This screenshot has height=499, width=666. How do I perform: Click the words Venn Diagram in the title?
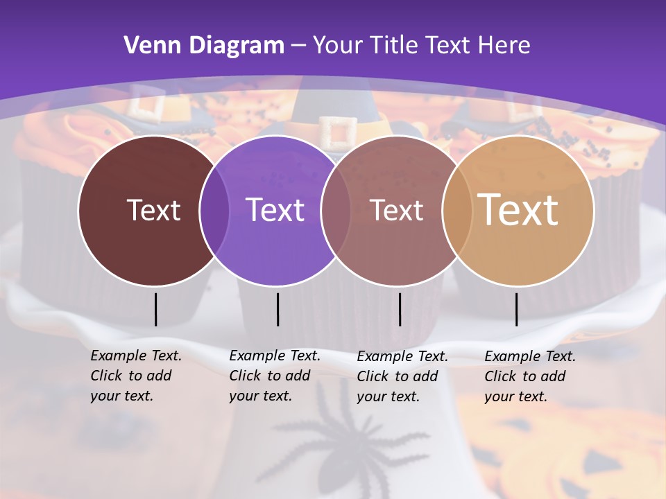pyautogui.click(x=204, y=46)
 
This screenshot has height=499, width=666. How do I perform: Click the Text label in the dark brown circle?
pyautogui.click(x=153, y=210)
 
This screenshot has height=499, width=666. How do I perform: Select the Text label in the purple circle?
pyautogui.click(x=275, y=210)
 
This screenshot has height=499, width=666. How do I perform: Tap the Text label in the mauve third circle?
pyautogui.click(x=396, y=210)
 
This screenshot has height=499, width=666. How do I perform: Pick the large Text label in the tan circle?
pyautogui.click(x=518, y=209)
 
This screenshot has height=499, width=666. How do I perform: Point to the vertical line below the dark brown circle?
pyautogui.click(x=155, y=309)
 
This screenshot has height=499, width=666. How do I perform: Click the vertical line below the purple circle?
pyautogui.click(x=277, y=309)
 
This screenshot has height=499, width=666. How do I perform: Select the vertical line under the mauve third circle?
pyautogui.click(x=400, y=309)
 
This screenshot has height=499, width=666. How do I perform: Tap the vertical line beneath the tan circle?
pyautogui.click(x=516, y=309)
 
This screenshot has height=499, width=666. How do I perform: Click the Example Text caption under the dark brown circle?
pyautogui.click(x=136, y=376)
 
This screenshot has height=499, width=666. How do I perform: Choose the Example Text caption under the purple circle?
pyautogui.click(x=275, y=376)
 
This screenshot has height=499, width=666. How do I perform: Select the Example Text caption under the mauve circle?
pyautogui.click(x=402, y=376)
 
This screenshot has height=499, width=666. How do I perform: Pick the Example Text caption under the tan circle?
pyautogui.click(x=530, y=376)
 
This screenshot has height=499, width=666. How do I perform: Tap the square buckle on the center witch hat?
pyautogui.click(x=337, y=132)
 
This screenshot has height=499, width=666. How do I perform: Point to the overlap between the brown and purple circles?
pyautogui.click(x=214, y=211)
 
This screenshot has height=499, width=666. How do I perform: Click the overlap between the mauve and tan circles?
pyautogui.click(x=457, y=211)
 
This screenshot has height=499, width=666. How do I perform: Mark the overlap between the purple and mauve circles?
pyautogui.click(x=336, y=211)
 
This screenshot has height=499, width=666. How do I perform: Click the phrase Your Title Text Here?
pyautogui.click(x=422, y=46)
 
